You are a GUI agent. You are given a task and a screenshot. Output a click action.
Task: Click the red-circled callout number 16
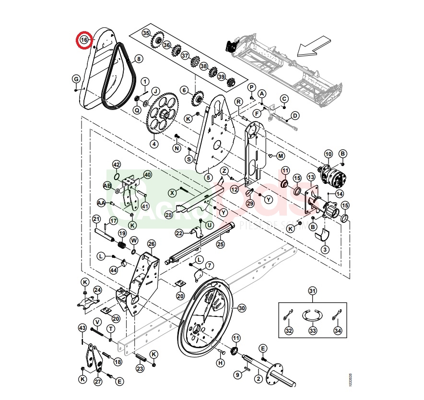[84, 40]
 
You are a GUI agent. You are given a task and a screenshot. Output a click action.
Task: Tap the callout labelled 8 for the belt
[139, 59]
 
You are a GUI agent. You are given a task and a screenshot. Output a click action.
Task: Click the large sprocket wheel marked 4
[161, 115]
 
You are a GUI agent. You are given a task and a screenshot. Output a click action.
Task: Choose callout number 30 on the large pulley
[241, 308]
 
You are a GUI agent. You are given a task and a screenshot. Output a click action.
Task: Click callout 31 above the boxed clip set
[312, 291]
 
